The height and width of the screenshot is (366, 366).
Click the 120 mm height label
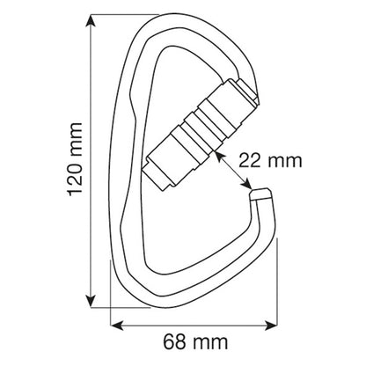pyautogui.click(x=75, y=159)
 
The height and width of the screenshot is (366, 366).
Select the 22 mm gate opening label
pyautogui.click(x=270, y=161)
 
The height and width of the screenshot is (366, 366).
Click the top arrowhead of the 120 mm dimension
pyautogui.click(x=91, y=21)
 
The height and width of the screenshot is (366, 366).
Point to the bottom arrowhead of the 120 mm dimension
pyautogui.click(x=91, y=301)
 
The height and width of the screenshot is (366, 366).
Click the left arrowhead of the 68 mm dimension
pyautogui.click(x=117, y=325)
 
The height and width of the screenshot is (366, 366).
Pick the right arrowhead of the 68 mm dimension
pyautogui.click(x=270, y=325)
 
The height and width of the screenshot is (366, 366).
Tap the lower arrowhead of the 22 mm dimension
pyautogui.click(x=246, y=184)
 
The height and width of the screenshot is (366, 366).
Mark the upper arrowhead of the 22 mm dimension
pyautogui.click(x=220, y=156)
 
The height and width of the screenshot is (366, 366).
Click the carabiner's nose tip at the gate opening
pyautogui.click(x=260, y=194)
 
